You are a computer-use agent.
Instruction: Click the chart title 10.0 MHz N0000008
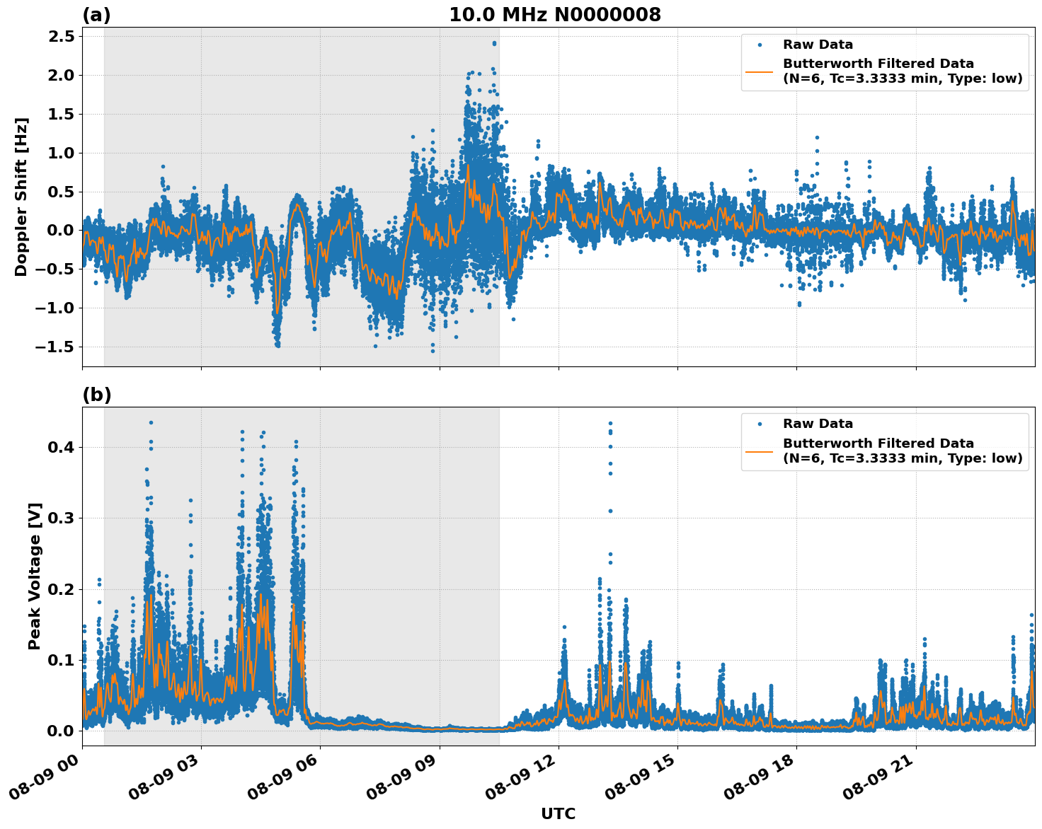click(x=554, y=15)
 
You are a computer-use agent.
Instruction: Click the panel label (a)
click(x=96, y=15)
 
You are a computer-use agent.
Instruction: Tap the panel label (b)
click(x=96, y=395)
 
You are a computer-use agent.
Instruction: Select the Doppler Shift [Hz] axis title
click(x=21, y=197)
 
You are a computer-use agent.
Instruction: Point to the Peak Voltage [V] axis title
click(x=35, y=576)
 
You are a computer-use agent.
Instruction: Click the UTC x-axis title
click(x=558, y=814)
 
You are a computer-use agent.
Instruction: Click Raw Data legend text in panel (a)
click(x=818, y=45)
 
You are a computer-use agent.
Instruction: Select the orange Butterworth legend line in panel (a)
click(x=759, y=71)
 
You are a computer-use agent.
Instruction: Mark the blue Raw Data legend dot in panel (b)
click(x=760, y=424)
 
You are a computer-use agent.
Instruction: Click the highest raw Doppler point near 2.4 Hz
click(x=494, y=42)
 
